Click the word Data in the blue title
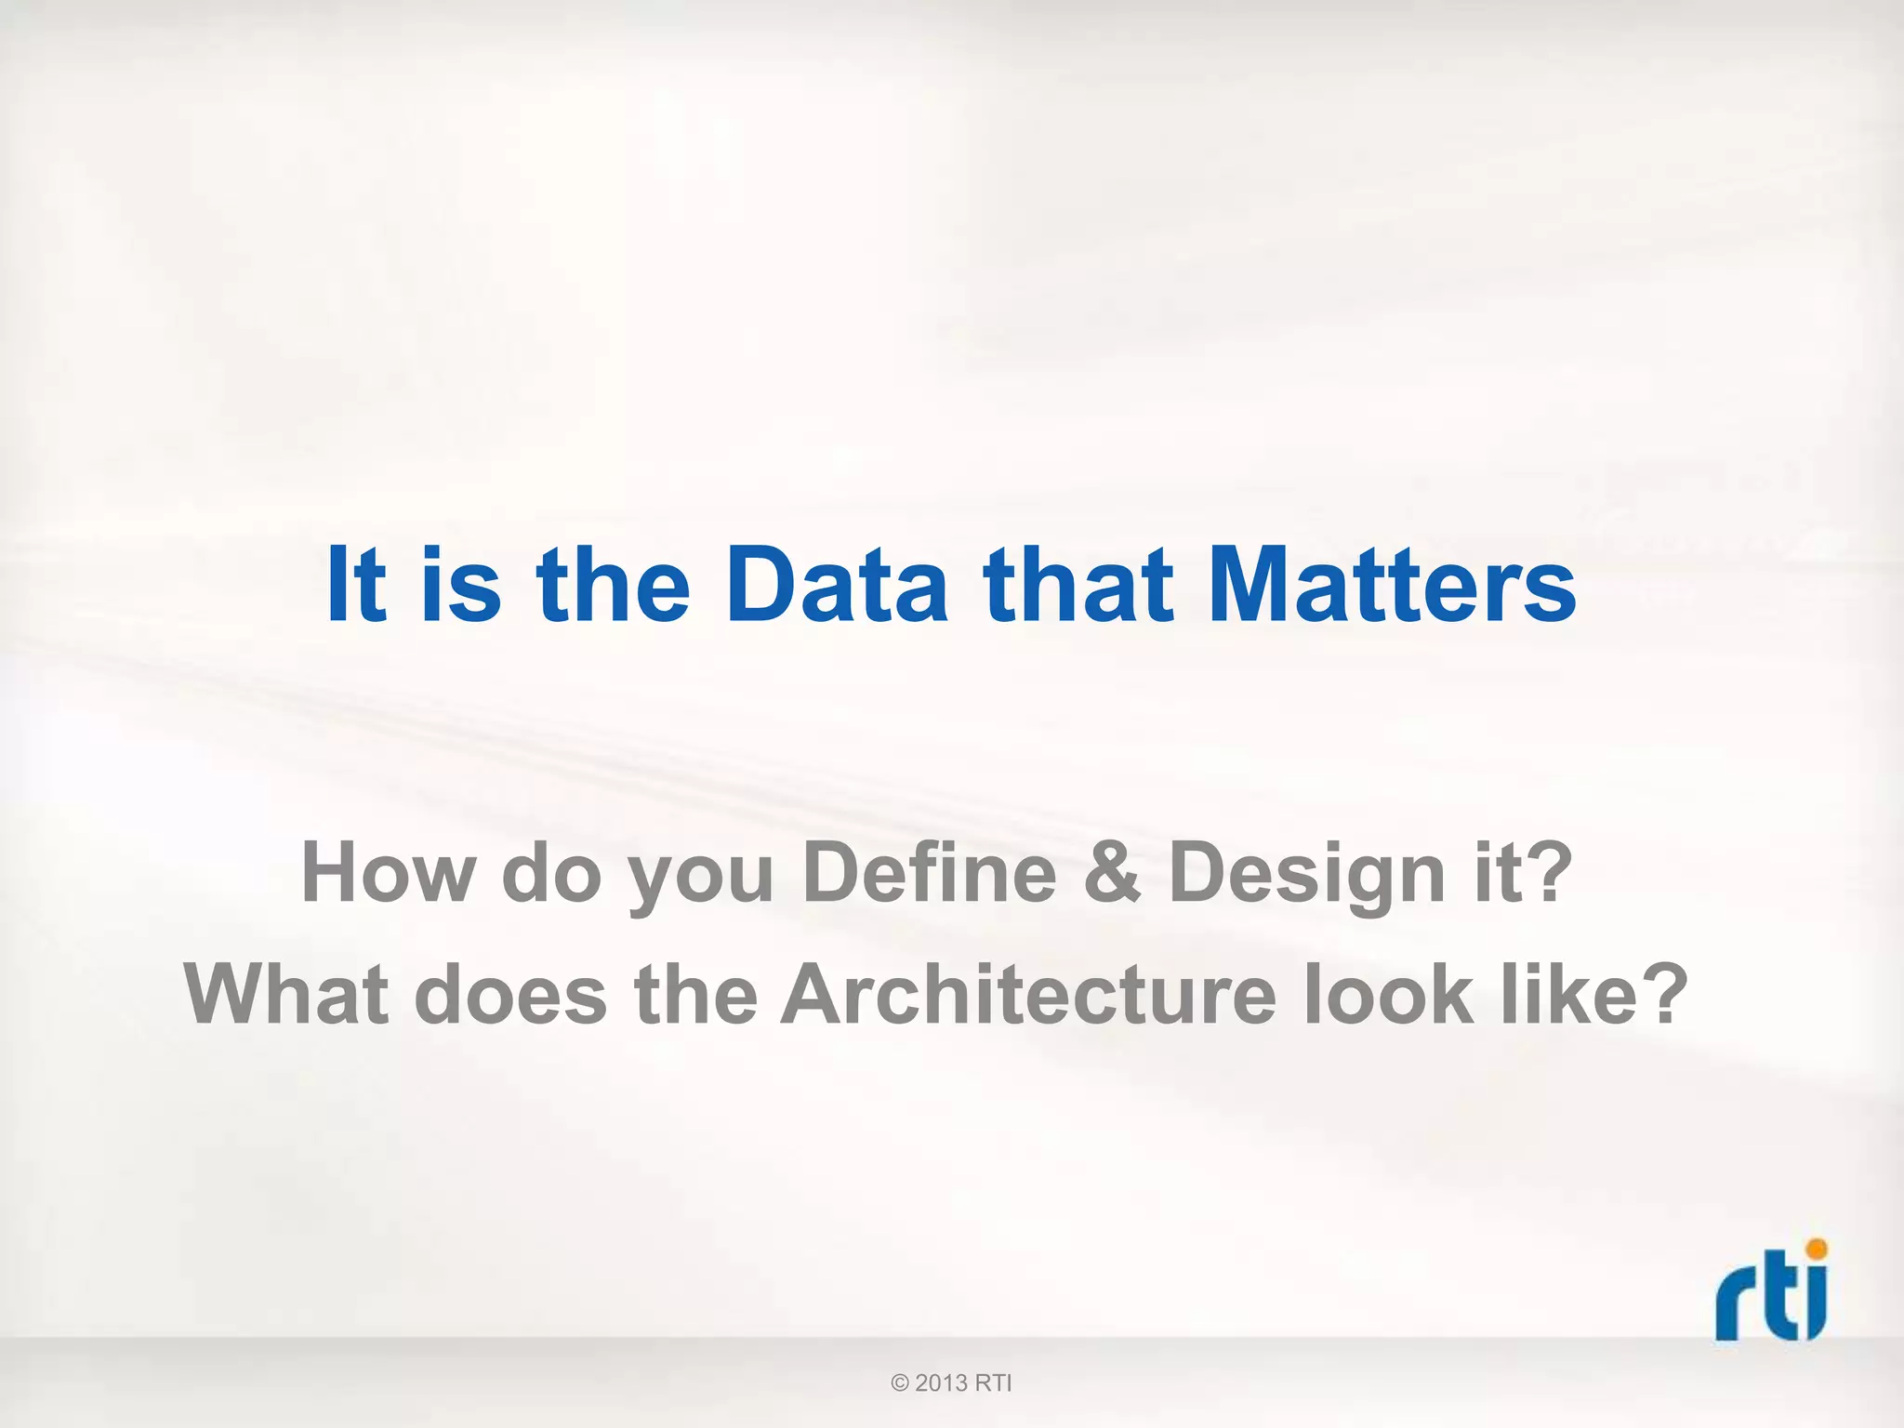(837, 585)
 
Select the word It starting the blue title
(356, 585)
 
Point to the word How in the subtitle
(389, 872)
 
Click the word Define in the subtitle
(929, 872)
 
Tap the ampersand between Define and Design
(1112, 872)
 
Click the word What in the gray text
(285, 995)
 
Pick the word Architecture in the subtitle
(1028, 995)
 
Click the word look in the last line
(1389, 995)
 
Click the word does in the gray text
(510, 995)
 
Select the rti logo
(1771, 1291)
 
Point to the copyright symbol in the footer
(899, 1383)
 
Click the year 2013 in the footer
(942, 1383)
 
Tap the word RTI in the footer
(993, 1383)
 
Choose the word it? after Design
(1523, 872)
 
